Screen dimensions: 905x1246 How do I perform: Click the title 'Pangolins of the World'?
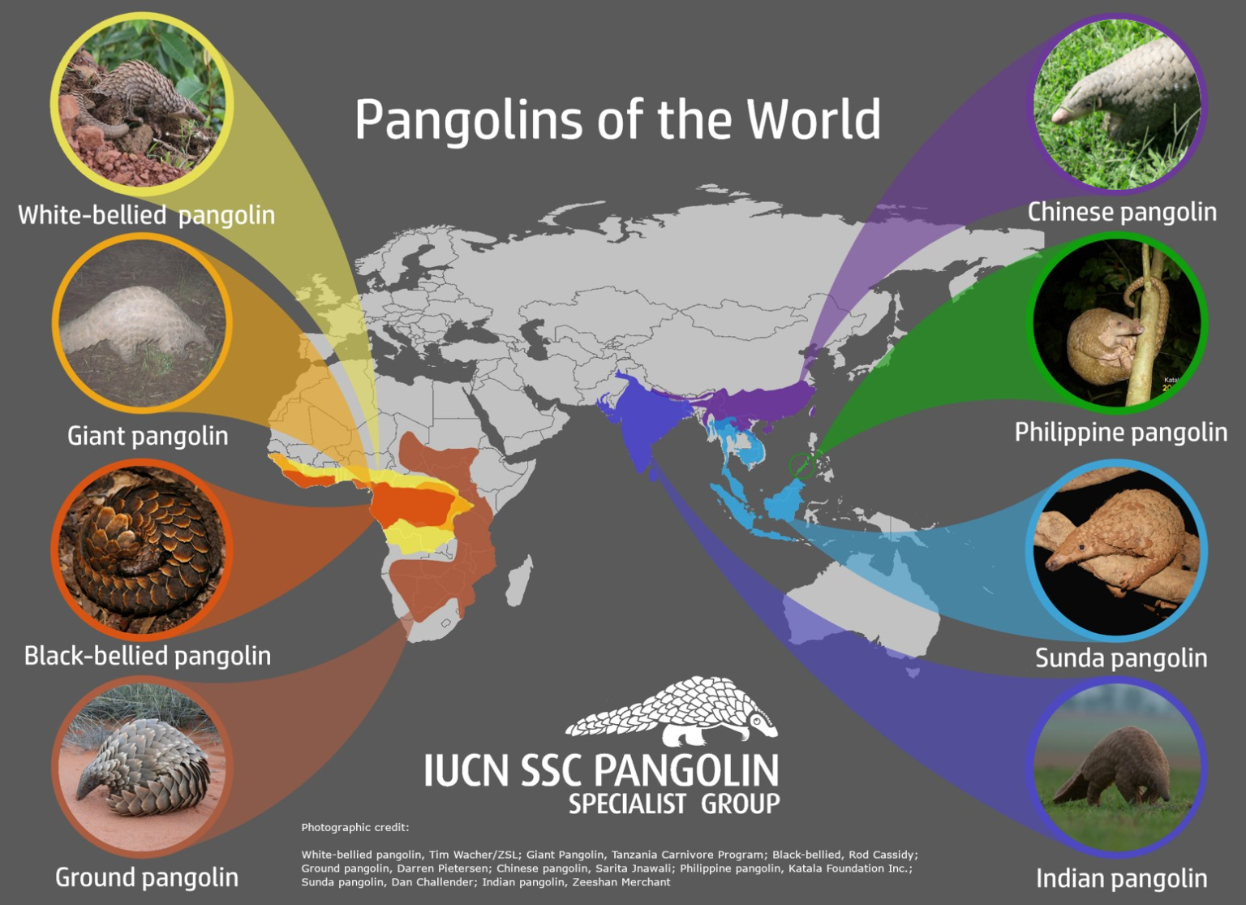point(617,120)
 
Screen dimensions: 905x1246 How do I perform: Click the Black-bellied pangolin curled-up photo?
point(143,548)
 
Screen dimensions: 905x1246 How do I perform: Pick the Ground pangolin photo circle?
point(143,767)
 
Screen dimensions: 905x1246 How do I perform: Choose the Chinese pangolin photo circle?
point(1119,104)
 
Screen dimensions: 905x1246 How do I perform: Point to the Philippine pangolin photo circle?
point(1119,323)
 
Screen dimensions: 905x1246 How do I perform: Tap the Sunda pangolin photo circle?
point(1117,549)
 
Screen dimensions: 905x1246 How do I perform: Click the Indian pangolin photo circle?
point(1117,767)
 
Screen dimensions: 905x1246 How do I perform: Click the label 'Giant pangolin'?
point(148,436)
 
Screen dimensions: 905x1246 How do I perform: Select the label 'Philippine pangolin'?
point(1120,432)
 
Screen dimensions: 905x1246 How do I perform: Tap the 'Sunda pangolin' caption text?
point(1121,657)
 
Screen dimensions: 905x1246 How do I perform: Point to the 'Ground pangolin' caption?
point(147,877)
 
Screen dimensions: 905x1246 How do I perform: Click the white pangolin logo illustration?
point(672,712)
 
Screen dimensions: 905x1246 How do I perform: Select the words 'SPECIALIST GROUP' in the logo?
point(674,804)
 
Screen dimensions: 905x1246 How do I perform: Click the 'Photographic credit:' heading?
point(355,828)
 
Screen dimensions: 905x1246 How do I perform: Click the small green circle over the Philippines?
point(801,464)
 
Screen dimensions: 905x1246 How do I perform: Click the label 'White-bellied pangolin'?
point(146,215)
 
